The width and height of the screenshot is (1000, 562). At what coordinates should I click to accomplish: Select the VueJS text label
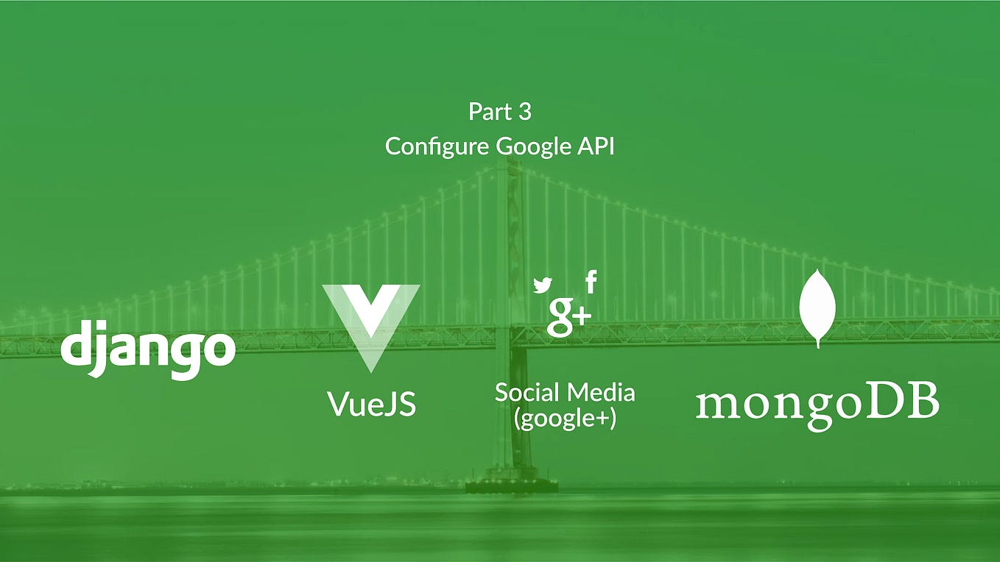(x=371, y=404)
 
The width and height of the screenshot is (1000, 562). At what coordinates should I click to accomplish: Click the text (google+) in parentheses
(x=565, y=419)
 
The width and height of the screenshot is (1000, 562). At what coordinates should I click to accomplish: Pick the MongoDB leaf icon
(x=817, y=308)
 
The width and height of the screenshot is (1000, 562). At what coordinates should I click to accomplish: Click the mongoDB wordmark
(x=817, y=405)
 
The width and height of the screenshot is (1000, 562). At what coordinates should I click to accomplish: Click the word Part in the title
(x=489, y=113)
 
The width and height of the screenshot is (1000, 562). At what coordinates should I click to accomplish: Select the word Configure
(x=437, y=146)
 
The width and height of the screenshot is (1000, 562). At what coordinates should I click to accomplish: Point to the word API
(x=594, y=146)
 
